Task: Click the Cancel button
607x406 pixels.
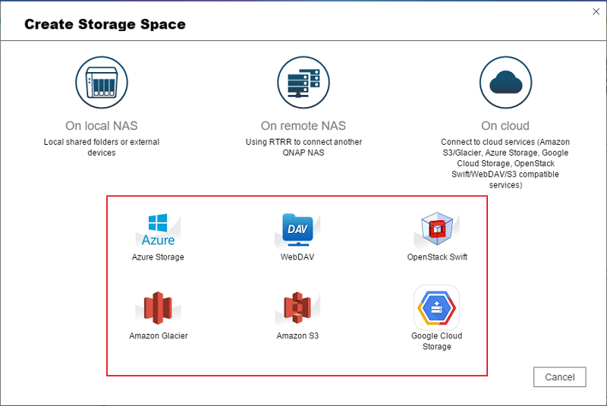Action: [x=560, y=377]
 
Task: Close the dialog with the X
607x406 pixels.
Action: [x=596, y=11]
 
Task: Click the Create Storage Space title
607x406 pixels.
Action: [x=105, y=24]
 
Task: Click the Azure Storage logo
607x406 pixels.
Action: [x=158, y=229]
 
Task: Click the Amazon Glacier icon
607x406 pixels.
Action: [x=159, y=308]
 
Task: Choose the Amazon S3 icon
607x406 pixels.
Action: [x=297, y=308]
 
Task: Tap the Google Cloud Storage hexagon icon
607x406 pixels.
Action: [x=436, y=307]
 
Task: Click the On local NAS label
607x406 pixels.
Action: [x=102, y=125]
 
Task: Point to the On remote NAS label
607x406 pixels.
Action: [x=303, y=125]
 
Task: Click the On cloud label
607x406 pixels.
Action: [x=505, y=125]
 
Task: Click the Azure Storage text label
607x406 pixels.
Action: [x=158, y=257]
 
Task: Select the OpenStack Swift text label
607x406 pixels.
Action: [x=437, y=257]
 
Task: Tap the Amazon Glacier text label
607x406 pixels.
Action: [x=159, y=335]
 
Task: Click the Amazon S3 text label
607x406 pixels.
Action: [x=297, y=335]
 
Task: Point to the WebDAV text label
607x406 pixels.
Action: [x=297, y=257]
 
